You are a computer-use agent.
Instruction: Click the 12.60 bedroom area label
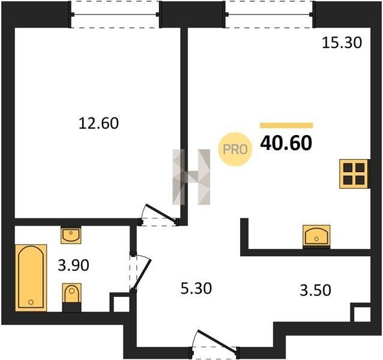tap(98, 123)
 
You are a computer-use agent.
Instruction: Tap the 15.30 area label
tap(342, 43)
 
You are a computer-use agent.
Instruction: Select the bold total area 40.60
tap(286, 143)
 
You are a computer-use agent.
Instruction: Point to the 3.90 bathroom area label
tap(73, 265)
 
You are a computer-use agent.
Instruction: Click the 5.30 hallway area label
tap(196, 289)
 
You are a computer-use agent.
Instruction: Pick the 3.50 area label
tap(315, 290)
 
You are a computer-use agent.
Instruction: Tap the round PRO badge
tap(235, 149)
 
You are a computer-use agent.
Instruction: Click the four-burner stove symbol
tap(354, 174)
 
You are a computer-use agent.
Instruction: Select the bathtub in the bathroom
tap(31, 278)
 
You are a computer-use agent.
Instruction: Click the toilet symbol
tap(71, 297)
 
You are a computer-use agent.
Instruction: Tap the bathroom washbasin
tap(71, 235)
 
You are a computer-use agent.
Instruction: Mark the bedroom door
tap(158, 215)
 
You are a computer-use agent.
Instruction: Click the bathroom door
tap(140, 272)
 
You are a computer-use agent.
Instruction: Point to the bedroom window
tap(115, 14)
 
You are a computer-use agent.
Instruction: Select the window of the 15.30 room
tap(269, 14)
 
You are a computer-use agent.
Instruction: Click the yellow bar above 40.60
tap(286, 125)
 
